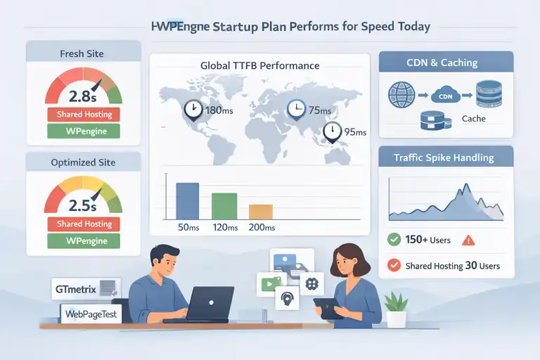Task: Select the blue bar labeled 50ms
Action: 187,201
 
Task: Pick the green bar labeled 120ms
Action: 224,206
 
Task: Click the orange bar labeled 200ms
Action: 260,212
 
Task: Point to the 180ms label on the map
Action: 218,110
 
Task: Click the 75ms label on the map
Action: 321,109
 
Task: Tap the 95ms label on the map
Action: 355,132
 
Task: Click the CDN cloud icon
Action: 446,95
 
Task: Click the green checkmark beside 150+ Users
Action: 394,240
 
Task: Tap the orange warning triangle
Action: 469,240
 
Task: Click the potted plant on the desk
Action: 396,309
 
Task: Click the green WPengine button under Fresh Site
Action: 83,131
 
